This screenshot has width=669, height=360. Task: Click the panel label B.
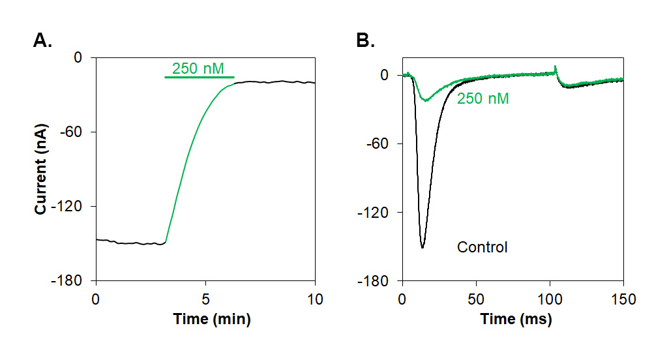click(x=365, y=41)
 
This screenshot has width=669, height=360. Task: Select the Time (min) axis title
click(x=211, y=320)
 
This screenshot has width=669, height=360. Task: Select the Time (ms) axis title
click(x=516, y=320)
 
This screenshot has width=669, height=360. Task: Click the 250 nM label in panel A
click(x=202, y=68)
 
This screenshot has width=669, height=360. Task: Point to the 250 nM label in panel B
click(x=483, y=99)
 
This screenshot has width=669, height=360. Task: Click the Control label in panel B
click(x=482, y=248)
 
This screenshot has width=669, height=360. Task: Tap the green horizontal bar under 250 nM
click(x=199, y=78)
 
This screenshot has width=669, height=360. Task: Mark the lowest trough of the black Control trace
click(x=423, y=248)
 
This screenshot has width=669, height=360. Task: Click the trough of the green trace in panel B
click(x=425, y=100)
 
